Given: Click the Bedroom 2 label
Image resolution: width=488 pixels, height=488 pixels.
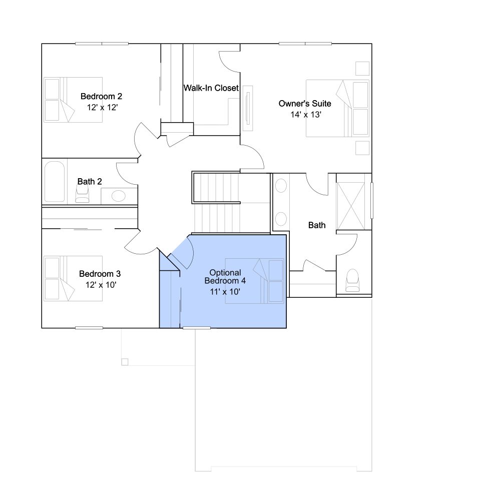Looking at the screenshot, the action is tap(101, 97).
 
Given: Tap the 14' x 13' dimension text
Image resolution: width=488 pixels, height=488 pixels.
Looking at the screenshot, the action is tap(306, 115).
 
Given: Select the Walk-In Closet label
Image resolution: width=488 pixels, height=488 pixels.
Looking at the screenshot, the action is tap(211, 88).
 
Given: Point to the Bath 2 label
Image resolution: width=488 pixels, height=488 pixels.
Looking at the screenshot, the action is tap(90, 182).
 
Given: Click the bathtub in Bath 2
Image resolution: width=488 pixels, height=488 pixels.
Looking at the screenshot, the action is tap(55, 182).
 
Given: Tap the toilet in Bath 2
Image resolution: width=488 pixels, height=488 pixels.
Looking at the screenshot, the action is tap(82, 194).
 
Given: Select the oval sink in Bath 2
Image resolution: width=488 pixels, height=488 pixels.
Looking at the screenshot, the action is tap(118, 196).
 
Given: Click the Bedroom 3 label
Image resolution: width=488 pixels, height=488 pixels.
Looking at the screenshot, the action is tap(100, 274).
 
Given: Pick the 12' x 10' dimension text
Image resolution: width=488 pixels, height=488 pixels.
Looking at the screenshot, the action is tap(101, 285).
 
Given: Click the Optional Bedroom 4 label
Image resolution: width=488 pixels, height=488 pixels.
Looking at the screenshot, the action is tap(225, 277).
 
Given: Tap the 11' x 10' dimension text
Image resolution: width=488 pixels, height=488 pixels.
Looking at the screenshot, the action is tap(225, 292).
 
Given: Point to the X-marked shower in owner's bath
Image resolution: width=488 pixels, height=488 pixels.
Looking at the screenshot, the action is tap(351, 206).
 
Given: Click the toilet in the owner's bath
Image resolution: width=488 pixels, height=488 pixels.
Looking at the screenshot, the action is tap(353, 280).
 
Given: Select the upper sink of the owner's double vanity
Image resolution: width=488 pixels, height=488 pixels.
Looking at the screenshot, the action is tap(281, 186).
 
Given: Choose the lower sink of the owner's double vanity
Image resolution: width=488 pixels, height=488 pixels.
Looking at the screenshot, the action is tap(281, 219).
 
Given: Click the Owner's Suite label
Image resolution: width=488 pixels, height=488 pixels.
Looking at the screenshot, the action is tap(305, 104).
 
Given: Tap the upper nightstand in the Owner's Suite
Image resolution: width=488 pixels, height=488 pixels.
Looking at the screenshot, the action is tap(362, 69).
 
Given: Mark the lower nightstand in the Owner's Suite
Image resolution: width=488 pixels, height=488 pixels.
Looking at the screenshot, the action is tap(362, 148).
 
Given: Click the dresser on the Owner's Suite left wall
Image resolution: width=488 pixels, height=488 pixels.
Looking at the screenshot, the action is tap(248, 108).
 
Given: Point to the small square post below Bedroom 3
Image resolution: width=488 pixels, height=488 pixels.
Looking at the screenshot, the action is tap(125, 362).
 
